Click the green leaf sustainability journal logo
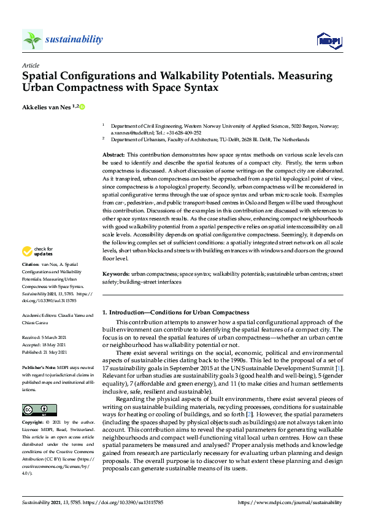pyautogui.click(x=32, y=40)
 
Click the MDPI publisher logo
pyautogui.click(x=329, y=41)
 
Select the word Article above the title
pyautogui.click(x=29, y=65)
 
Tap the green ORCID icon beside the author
pyautogui.click(x=82, y=106)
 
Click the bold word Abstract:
pyautogui.click(x=113, y=155)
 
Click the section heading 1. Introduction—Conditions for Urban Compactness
pyautogui.click(x=175, y=313)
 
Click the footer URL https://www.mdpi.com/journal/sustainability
pyautogui.click(x=288, y=502)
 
